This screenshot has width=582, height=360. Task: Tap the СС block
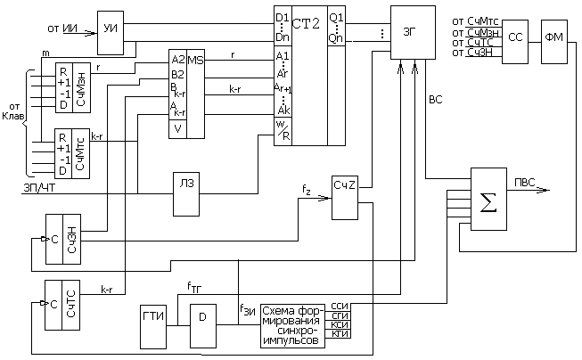tap(516, 39)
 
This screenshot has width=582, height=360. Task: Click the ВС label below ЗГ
tap(435, 101)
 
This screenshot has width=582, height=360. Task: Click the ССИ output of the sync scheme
tap(340, 307)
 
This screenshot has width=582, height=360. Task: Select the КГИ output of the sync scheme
tap(340, 334)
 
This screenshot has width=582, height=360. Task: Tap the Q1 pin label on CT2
tap(337, 17)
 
